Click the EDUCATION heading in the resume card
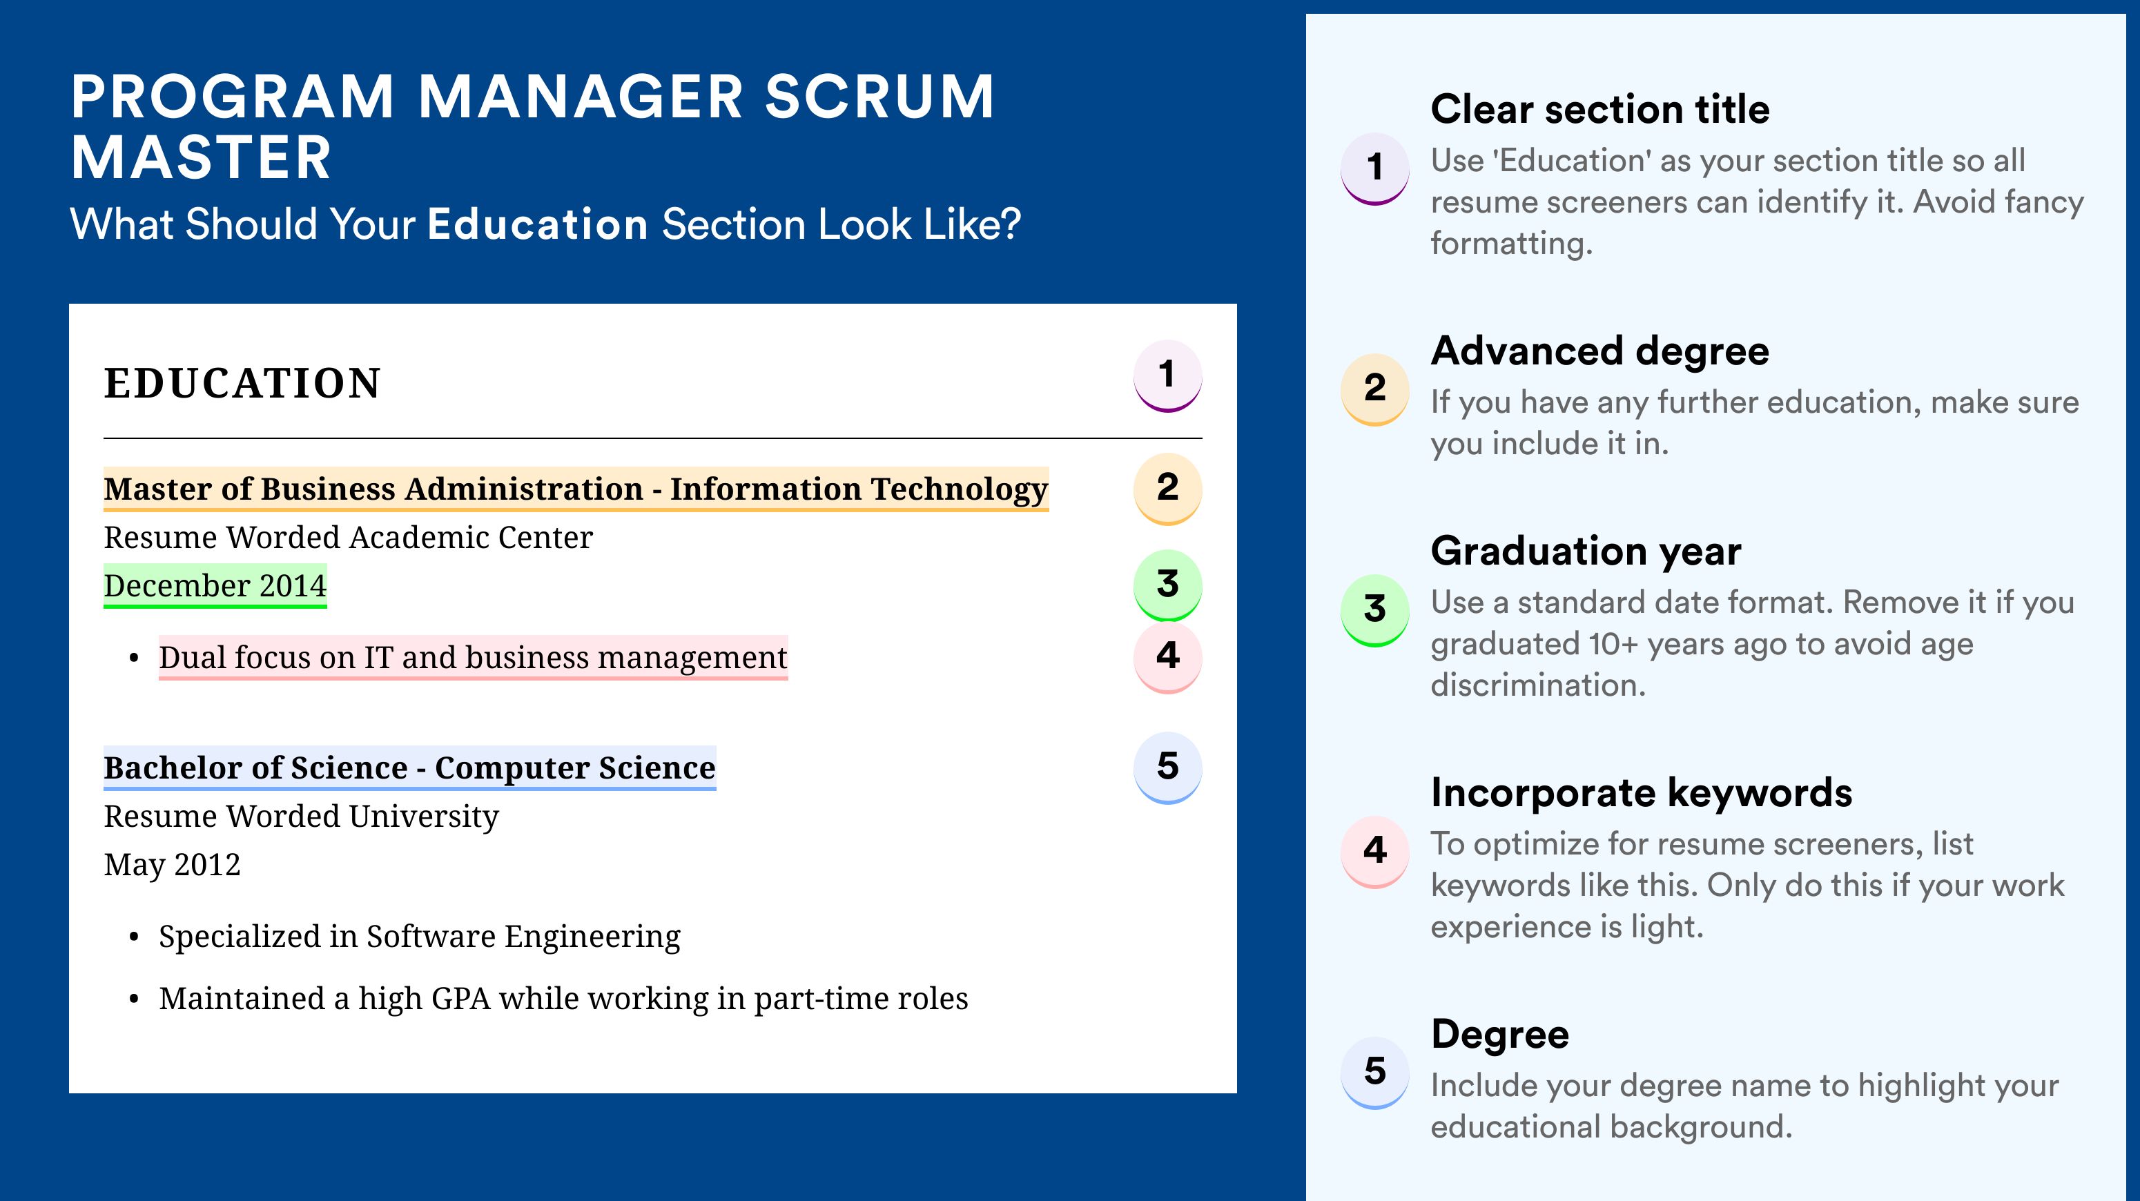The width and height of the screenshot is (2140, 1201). pos(242,383)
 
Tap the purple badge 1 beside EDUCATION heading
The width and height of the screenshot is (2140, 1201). pos(1167,375)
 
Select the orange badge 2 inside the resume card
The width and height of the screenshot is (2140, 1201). pos(1167,489)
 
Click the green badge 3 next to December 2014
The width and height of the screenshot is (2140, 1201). pos(1167,585)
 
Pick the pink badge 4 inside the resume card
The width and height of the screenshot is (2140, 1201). pos(1167,657)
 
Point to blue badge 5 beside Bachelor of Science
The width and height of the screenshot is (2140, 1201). pos(1167,768)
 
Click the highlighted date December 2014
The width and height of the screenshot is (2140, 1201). pos(215,585)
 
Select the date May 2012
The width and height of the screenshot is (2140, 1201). pos(172,866)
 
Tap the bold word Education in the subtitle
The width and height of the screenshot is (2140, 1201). pos(538,224)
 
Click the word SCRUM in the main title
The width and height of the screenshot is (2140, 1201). pos(879,97)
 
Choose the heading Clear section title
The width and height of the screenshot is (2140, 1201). pos(1600,109)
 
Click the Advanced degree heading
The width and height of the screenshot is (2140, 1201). pos(1600,351)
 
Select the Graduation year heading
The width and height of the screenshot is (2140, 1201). pos(1586,551)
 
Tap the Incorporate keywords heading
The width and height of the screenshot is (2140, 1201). pos(1642,792)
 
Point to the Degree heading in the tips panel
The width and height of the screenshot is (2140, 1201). pos(1499,1035)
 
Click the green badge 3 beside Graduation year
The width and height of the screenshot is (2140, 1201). pos(1375,610)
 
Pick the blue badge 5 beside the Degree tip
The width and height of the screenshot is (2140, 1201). pos(1375,1072)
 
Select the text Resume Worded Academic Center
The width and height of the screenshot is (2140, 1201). pos(348,538)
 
